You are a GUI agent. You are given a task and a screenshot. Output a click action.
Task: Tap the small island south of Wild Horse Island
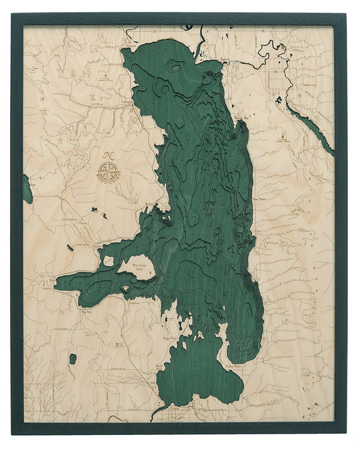coord(126,288)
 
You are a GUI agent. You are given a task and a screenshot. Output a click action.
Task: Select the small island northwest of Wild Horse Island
coord(109,261)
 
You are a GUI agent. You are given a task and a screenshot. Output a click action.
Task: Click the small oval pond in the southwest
coord(73,359)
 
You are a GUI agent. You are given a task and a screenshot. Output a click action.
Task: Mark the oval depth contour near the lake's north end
coord(175,65)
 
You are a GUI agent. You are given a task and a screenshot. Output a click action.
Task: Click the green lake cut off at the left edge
coord(27,189)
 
